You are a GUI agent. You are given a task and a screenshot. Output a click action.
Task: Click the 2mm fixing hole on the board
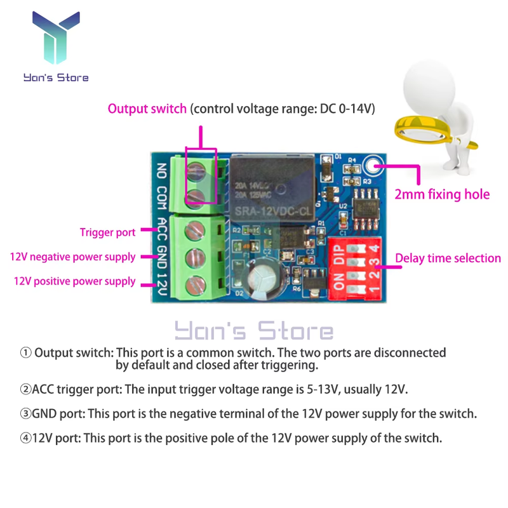tap(372, 167)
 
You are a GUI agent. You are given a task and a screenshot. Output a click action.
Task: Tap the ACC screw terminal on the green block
tap(194, 230)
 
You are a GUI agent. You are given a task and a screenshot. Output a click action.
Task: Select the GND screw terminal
tap(194, 257)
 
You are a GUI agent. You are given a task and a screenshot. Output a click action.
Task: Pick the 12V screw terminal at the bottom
tap(194, 284)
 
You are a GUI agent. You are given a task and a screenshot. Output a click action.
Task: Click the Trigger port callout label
tap(107, 232)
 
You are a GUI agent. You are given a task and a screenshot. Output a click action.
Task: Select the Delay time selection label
tap(448, 258)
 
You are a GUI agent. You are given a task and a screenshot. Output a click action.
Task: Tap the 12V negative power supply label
tap(72, 257)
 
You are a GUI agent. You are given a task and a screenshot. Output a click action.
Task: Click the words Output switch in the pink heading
tap(147, 109)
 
